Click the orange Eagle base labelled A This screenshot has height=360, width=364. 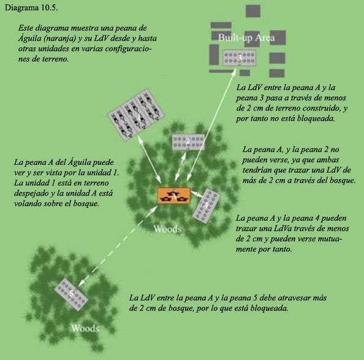coord(174,196)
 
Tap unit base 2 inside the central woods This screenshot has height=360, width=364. coord(188,142)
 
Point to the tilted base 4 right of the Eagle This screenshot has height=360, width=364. coord(206,205)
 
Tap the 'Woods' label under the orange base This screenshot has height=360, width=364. coord(167,229)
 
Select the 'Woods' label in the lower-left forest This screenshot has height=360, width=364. coord(85,328)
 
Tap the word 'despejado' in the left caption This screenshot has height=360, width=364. coord(31,193)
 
